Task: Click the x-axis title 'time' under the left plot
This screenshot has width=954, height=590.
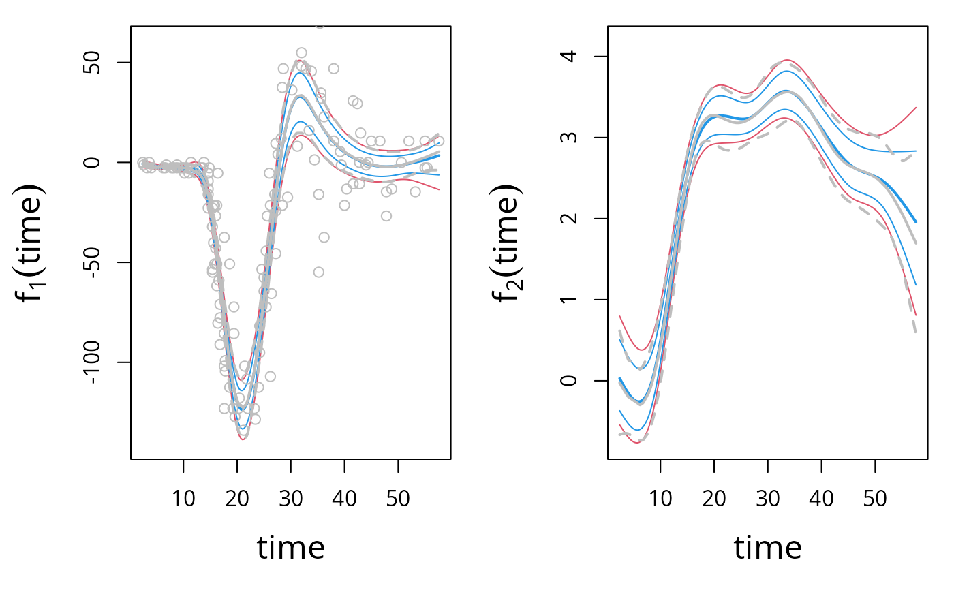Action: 290,546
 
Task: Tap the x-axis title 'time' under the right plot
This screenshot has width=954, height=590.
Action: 767,546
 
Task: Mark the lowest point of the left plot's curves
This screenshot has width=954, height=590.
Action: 243,439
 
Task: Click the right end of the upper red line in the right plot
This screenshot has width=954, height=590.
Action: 916,108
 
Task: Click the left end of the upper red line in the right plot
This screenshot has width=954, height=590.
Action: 619,316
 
